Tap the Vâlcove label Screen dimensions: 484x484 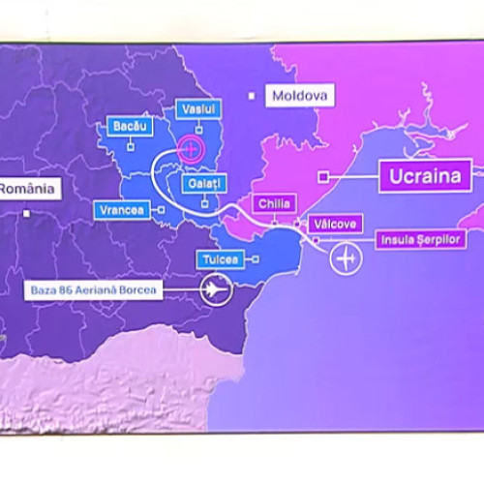(x=335, y=224)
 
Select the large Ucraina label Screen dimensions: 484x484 (x=425, y=176)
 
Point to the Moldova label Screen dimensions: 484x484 (x=300, y=96)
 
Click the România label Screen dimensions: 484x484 (x=28, y=188)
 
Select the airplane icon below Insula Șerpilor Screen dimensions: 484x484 (x=346, y=258)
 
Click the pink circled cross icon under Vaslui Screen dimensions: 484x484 (x=191, y=148)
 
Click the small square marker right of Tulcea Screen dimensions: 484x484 (x=256, y=259)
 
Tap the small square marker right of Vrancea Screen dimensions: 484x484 (x=163, y=208)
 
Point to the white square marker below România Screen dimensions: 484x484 (x=30, y=213)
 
